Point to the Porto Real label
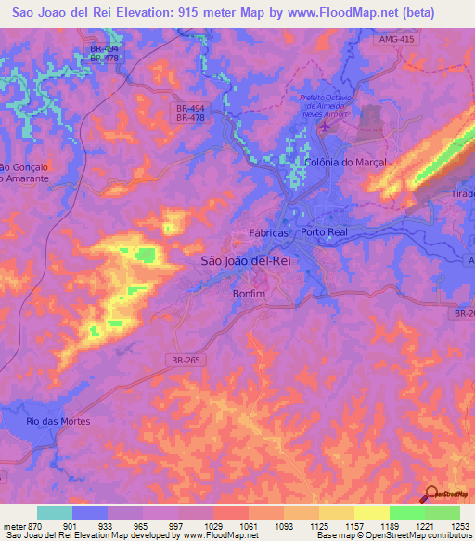[324, 232]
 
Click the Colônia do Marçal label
[345, 162]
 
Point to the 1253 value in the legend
[449, 527]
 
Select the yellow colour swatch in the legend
[371, 512]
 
